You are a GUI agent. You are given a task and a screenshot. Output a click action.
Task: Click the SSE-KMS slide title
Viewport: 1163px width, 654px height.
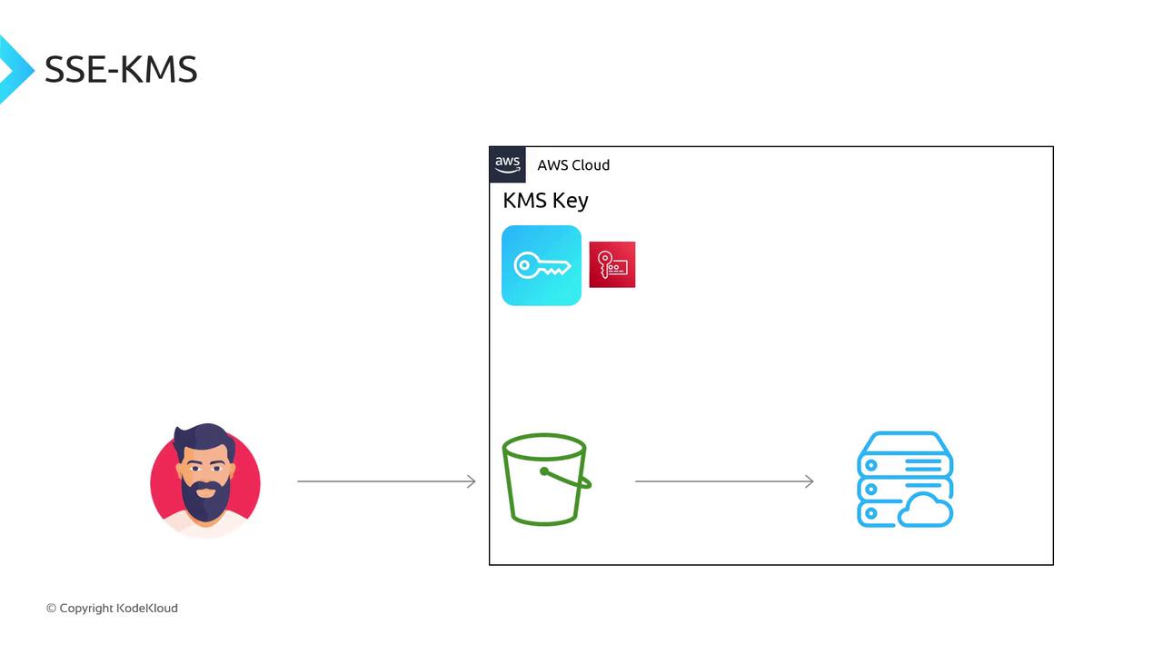(x=121, y=70)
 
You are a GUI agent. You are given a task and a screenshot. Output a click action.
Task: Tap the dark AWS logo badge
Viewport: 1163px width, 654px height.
(x=507, y=164)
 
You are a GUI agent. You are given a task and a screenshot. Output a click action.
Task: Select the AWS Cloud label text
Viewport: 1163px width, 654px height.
(x=573, y=165)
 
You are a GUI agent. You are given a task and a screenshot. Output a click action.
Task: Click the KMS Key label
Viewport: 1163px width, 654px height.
(x=545, y=201)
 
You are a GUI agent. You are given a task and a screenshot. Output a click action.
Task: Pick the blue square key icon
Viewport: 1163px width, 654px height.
(x=542, y=265)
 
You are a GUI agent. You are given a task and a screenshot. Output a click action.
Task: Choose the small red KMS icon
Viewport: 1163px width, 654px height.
(x=612, y=264)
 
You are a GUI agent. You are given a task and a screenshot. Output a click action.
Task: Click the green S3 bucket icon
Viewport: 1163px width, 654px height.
(x=545, y=480)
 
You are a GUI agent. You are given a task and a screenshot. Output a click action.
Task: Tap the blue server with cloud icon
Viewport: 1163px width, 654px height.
(x=905, y=480)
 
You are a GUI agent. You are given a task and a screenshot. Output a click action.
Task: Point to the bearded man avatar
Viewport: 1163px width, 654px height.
(x=205, y=480)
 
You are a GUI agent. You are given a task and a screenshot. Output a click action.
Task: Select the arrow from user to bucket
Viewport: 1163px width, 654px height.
(x=386, y=481)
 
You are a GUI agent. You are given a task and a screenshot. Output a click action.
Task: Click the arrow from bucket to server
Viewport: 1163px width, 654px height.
(x=724, y=481)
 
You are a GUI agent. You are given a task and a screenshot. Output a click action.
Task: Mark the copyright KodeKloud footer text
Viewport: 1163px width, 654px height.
(x=112, y=609)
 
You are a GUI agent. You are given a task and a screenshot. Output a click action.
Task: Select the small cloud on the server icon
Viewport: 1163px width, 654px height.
(x=926, y=512)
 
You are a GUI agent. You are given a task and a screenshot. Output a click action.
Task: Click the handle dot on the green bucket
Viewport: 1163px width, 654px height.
(x=544, y=471)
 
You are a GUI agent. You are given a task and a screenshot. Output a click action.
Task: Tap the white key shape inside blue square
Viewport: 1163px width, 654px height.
(x=542, y=266)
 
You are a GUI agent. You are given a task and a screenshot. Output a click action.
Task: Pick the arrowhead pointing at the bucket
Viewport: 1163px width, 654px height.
(x=472, y=481)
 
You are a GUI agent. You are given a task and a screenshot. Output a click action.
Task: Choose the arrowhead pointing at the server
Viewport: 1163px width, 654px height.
(x=810, y=481)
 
